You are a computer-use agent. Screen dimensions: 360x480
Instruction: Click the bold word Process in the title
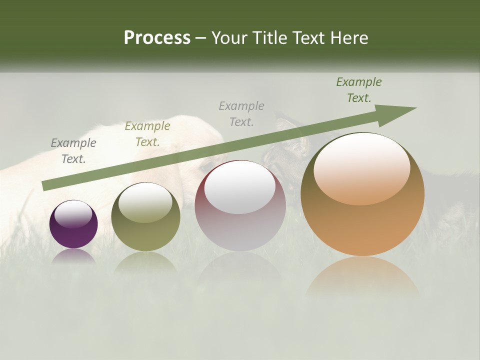[x=157, y=38]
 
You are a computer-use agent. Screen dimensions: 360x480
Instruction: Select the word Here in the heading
[x=349, y=38]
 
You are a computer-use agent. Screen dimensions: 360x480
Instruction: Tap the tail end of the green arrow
[x=46, y=185]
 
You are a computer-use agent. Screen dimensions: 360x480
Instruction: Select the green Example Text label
[x=359, y=90]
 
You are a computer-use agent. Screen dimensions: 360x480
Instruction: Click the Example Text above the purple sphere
[x=73, y=151]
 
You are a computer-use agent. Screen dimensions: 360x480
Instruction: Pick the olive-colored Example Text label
[x=147, y=134]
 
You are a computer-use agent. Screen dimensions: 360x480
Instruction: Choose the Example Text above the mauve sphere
[x=241, y=113]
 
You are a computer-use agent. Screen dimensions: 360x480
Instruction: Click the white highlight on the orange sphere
[x=361, y=170]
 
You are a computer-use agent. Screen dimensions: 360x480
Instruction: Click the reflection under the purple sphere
[x=73, y=256]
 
